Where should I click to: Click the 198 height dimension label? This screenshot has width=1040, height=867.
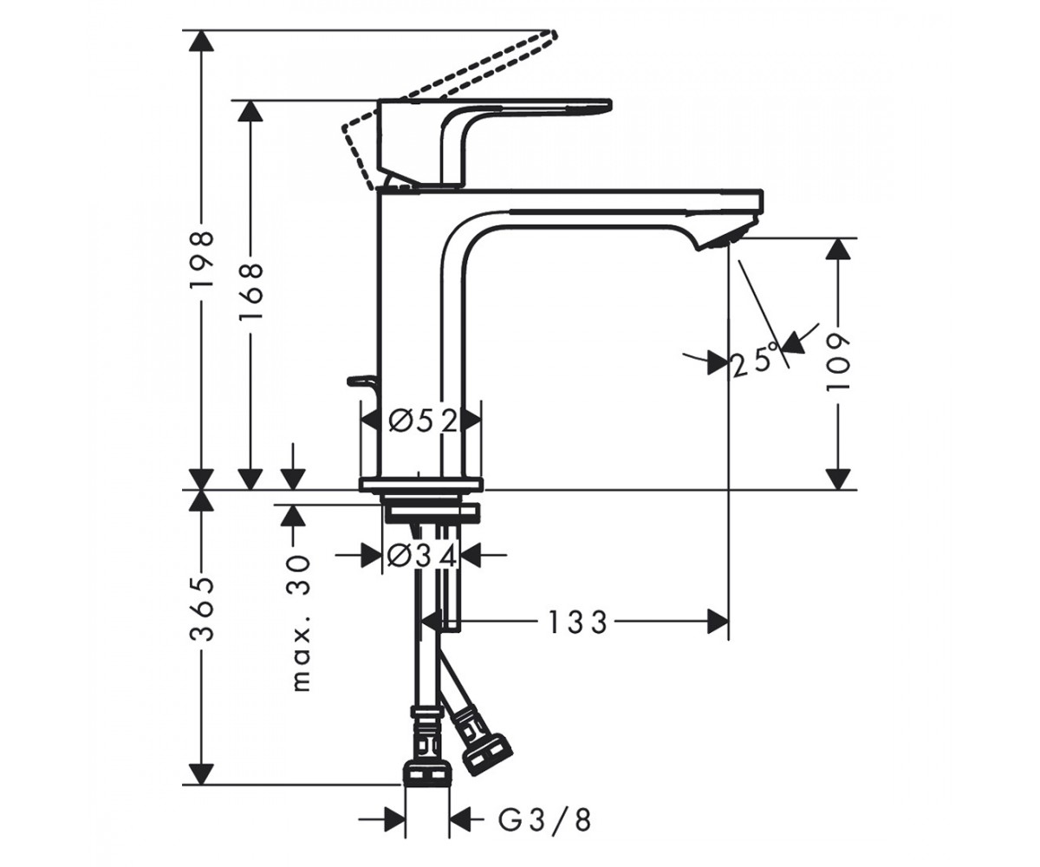point(202,259)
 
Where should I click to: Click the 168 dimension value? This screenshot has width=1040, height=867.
point(250,292)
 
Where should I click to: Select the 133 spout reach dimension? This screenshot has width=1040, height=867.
point(578,623)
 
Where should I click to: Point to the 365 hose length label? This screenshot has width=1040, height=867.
point(202,610)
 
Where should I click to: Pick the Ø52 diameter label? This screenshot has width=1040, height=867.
point(422,422)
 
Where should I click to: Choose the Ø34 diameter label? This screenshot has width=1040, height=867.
point(421,554)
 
